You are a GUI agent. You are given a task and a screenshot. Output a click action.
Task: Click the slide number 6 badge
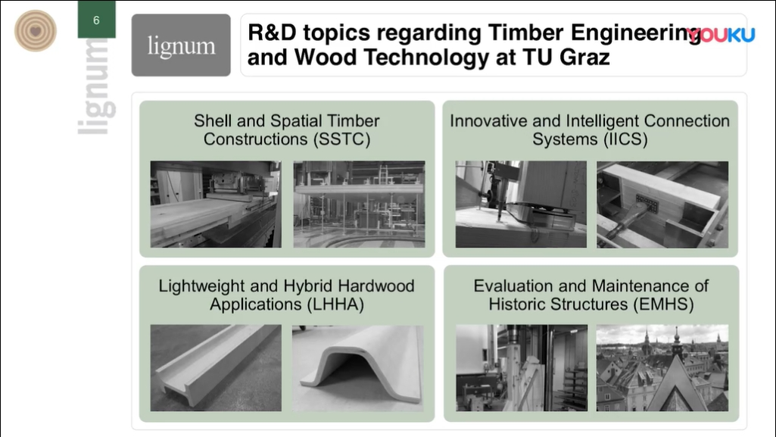[x=96, y=19]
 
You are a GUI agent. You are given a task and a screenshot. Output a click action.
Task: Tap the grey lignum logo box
[x=181, y=45]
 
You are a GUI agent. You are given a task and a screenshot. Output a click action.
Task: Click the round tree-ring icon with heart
[x=35, y=31]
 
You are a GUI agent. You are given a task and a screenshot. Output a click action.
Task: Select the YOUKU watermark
[x=721, y=35]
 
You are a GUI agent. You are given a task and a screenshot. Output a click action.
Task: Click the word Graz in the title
[x=585, y=57]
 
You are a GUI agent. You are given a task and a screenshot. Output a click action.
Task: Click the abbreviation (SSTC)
[x=342, y=139]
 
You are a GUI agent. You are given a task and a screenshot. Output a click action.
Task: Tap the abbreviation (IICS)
[x=626, y=139]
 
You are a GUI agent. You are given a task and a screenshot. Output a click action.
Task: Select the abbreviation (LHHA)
[x=335, y=304]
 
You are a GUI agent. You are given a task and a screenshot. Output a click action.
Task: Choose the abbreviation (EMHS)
[x=664, y=304]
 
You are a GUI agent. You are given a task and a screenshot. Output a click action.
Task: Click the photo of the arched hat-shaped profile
[x=358, y=368]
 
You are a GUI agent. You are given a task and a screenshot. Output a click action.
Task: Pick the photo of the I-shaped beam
[x=216, y=368]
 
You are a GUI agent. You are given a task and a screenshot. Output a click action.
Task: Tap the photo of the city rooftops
[x=662, y=368]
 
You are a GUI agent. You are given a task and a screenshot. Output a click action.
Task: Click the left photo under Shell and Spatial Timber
[x=216, y=204]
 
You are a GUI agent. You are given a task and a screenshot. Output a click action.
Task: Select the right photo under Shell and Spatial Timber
[x=360, y=204]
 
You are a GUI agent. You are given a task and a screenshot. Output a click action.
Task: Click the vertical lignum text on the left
[x=97, y=86]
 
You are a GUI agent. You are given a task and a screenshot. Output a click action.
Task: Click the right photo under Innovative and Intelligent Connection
[x=662, y=204]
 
